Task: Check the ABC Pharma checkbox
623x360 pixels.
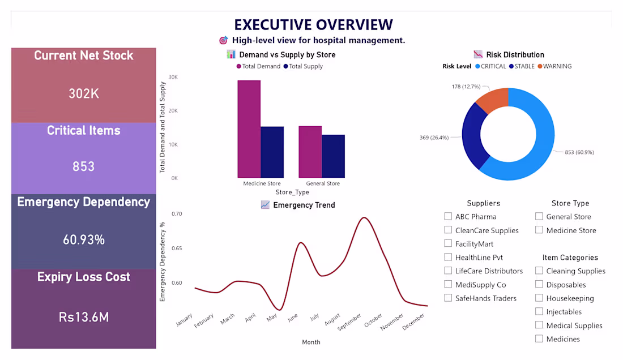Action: pos(448,216)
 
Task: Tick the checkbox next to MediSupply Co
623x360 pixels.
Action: pos(448,284)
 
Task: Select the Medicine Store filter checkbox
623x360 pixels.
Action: pos(539,230)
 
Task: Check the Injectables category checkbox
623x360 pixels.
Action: pos(539,311)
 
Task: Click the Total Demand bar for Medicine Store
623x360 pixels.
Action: pos(249,129)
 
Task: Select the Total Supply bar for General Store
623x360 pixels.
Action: pos(334,156)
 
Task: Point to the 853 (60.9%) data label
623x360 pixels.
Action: pos(579,152)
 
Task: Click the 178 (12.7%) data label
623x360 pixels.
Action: pos(466,87)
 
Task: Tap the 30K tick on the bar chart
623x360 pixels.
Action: pos(173,77)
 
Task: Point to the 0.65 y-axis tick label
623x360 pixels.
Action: pos(177,248)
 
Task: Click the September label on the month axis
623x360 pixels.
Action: pos(350,322)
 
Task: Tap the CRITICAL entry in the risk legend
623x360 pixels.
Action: pos(490,66)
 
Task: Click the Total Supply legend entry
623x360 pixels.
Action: pos(303,66)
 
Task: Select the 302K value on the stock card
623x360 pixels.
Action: pos(83,93)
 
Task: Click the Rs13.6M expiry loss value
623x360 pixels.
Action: pos(83,317)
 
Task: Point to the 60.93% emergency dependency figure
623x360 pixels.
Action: pos(83,240)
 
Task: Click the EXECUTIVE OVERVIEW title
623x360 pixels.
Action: pos(314,24)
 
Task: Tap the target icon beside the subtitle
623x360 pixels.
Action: pos(223,40)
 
